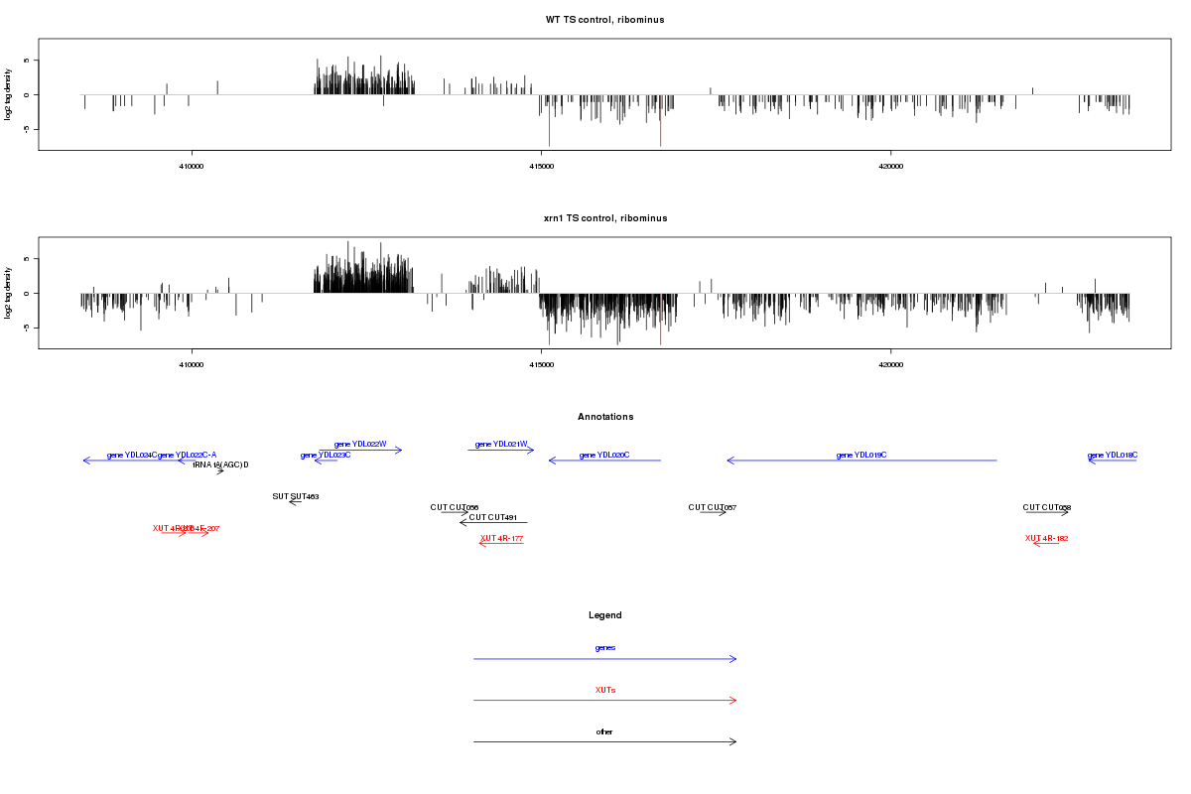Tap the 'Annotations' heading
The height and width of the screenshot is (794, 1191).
click(x=605, y=417)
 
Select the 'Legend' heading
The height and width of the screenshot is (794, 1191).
click(x=605, y=615)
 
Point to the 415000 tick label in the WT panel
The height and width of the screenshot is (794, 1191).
click(x=541, y=166)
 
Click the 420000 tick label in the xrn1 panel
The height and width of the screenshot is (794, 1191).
click(x=890, y=364)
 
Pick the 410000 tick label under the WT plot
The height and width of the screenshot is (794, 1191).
click(x=192, y=166)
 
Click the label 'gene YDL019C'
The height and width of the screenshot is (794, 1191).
click(x=860, y=455)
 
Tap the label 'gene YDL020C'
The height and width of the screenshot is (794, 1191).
click(x=604, y=455)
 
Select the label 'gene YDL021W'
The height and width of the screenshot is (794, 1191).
click(x=501, y=444)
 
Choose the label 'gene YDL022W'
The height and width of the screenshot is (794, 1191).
click(x=360, y=444)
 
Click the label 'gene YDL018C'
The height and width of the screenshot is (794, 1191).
click(x=1113, y=455)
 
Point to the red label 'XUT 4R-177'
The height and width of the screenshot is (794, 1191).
click(x=501, y=538)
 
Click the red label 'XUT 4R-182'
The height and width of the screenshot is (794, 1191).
click(x=1046, y=538)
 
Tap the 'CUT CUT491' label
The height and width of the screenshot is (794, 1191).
click(x=493, y=517)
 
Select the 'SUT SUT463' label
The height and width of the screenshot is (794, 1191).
click(x=295, y=496)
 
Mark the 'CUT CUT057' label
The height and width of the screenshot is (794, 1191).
click(x=713, y=507)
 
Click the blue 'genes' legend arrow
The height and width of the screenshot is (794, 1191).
click(x=604, y=659)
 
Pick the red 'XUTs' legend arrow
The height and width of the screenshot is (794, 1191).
click(x=604, y=701)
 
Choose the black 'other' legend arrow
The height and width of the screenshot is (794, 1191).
click(x=604, y=741)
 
